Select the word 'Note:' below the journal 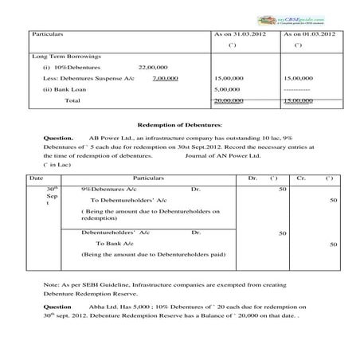(x=50, y=284)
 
